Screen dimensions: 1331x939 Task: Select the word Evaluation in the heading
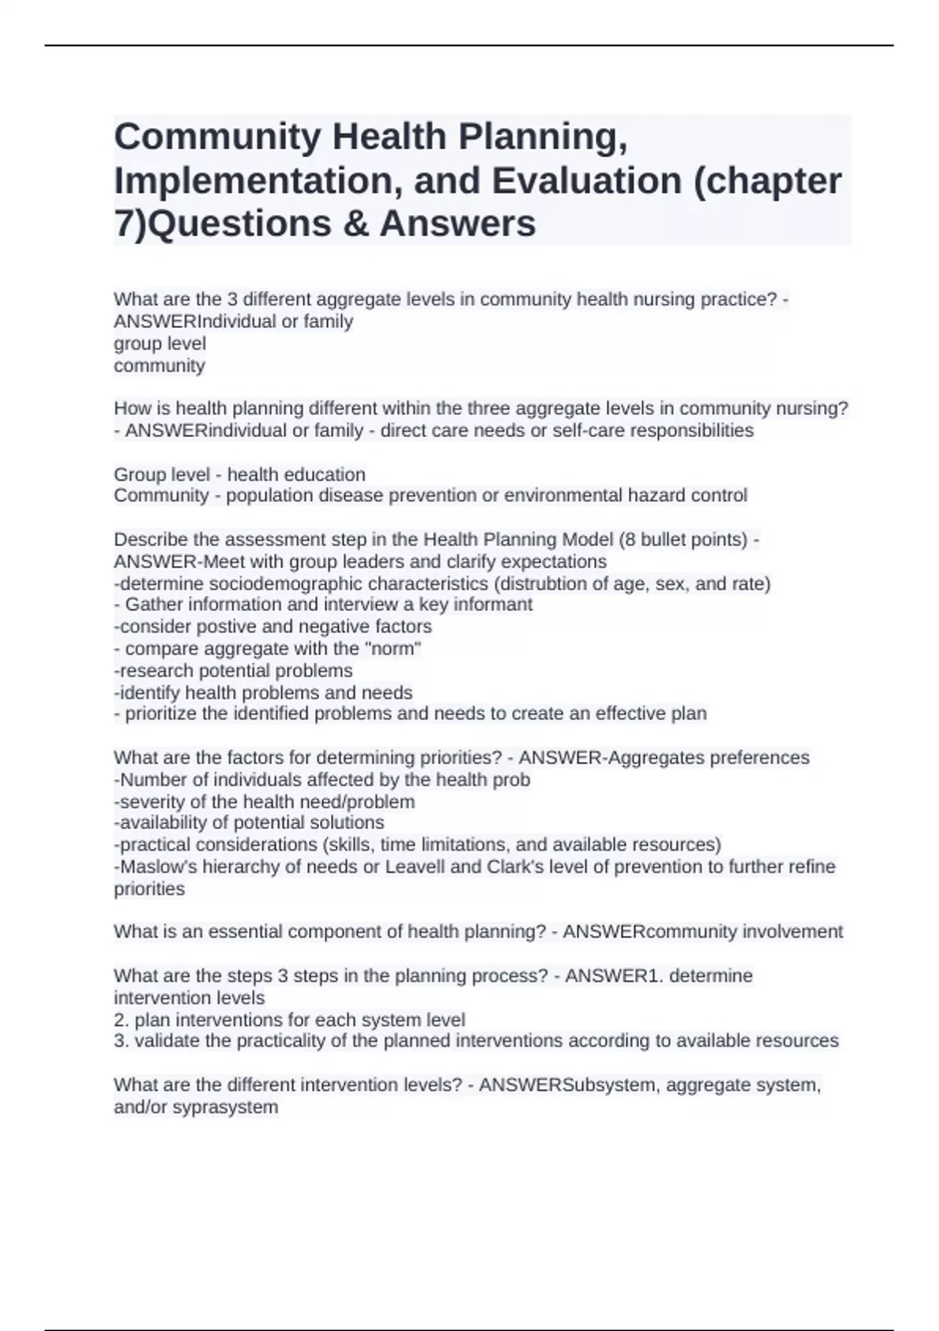[586, 181]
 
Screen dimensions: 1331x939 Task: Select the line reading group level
[160, 344]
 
